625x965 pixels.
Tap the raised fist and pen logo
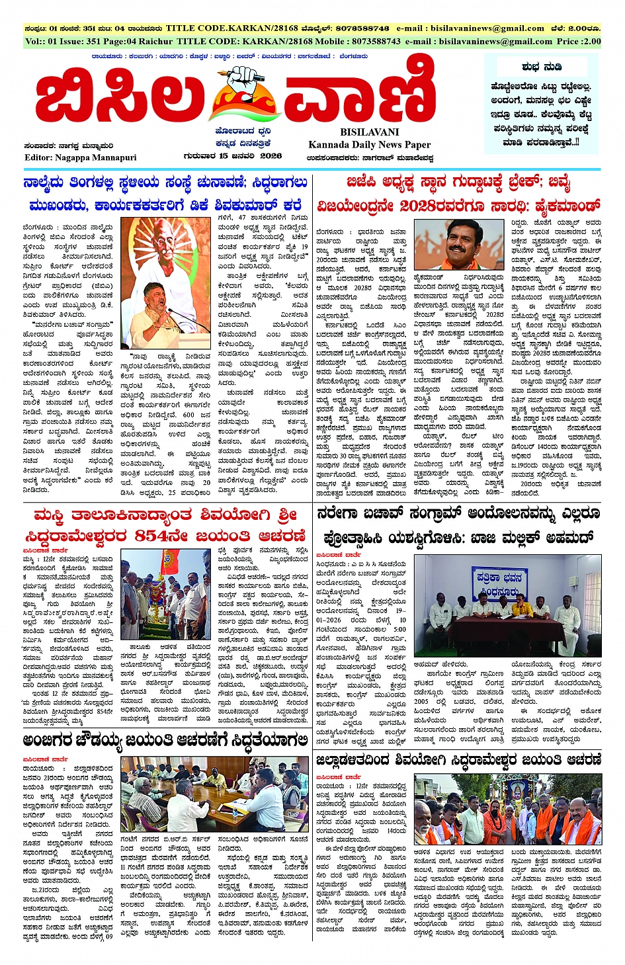(243, 93)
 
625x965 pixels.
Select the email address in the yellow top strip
(470, 28)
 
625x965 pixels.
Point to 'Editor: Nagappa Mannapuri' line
(80, 157)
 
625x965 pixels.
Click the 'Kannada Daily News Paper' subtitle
(369, 144)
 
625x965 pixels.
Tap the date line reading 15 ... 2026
(233, 156)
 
